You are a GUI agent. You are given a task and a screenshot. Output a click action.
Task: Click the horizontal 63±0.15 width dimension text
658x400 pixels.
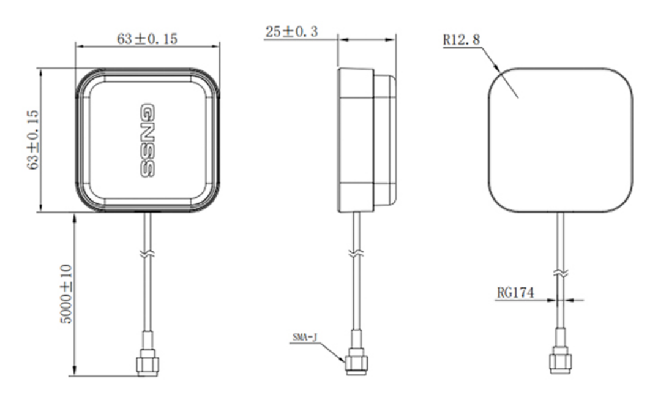pyautogui.click(x=147, y=39)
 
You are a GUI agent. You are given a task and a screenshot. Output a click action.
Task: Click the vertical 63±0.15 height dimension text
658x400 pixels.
pyautogui.click(x=33, y=140)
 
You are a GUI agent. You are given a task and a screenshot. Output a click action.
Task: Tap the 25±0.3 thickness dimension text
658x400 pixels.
pyautogui.click(x=291, y=32)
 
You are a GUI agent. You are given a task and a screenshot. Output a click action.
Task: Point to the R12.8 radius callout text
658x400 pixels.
pyautogui.click(x=462, y=40)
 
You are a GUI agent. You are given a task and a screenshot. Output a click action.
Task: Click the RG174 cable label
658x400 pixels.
pyautogui.click(x=515, y=293)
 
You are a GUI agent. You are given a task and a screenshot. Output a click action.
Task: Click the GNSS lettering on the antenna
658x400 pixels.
pyautogui.click(x=146, y=140)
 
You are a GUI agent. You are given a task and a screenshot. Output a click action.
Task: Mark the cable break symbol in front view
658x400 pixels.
pyautogui.click(x=147, y=253)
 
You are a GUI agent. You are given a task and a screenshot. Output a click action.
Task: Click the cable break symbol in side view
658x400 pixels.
pyautogui.click(x=356, y=253)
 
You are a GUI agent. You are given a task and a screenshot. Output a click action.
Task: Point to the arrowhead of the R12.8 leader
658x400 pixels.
pyautogui.click(x=499, y=69)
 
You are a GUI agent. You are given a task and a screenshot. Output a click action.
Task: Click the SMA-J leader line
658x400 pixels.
pyautogui.click(x=333, y=349)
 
